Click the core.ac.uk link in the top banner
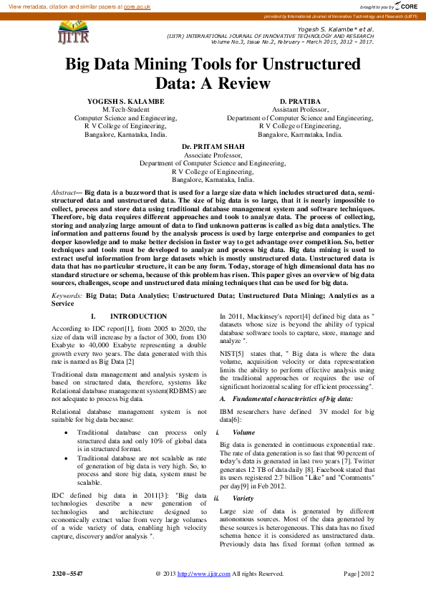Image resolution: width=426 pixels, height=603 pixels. click(x=136, y=6)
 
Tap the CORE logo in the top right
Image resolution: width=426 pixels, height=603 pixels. click(x=405, y=6)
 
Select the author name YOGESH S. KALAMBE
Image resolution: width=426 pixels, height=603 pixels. click(x=125, y=102)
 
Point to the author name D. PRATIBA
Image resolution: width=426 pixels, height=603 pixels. click(x=300, y=102)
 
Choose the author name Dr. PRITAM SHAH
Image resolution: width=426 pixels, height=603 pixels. click(x=213, y=146)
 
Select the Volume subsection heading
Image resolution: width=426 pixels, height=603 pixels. click(x=244, y=433)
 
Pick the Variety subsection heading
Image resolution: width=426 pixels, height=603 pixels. click(x=243, y=498)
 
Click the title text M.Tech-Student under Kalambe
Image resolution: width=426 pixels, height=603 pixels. click(x=125, y=110)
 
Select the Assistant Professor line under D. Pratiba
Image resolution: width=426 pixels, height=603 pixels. click(x=300, y=110)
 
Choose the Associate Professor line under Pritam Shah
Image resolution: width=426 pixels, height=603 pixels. click(x=213, y=155)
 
